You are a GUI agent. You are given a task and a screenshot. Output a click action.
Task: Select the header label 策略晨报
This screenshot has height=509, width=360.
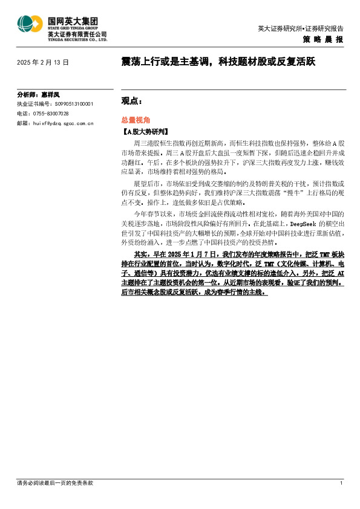pos(323,39)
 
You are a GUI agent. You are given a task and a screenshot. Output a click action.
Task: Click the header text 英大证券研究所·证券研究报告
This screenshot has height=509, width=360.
pos(300,28)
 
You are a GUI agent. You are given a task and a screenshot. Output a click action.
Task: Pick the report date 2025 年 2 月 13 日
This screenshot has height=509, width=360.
pos(44,62)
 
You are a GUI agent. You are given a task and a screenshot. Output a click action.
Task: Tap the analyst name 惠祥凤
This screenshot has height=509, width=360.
pos(51,96)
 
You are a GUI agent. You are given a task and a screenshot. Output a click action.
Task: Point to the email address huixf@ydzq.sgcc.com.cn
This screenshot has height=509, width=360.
pos(64,123)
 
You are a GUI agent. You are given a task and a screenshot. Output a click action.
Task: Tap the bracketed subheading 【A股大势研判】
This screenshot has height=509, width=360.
pos(145,131)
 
